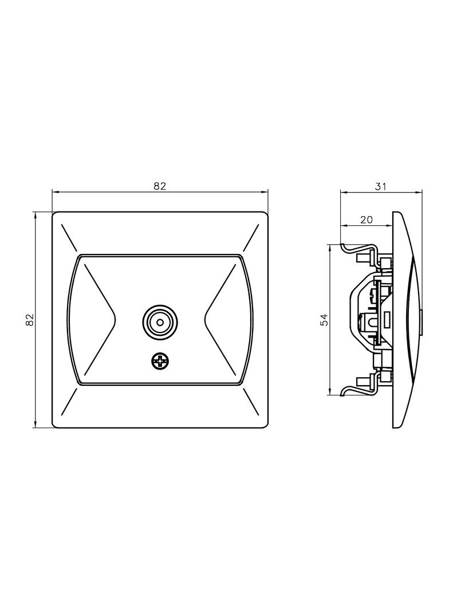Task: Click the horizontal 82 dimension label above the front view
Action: (x=160, y=186)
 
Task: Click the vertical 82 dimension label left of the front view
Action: (x=30, y=319)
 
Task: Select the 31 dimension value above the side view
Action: (x=380, y=186)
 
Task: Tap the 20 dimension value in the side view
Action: (x=366, y=220)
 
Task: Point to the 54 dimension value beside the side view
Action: (x=325, y=319)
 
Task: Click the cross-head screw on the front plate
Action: (x=160, y=362)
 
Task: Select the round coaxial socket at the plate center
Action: (x=160, y=322)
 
